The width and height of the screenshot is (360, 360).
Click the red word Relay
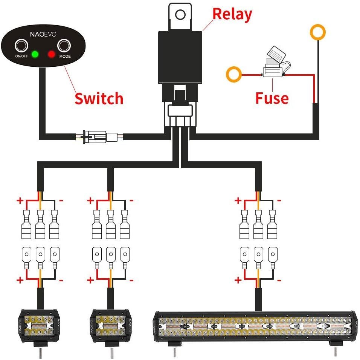232,15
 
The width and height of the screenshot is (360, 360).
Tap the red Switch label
99,98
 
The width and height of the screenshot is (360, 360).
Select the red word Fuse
272,98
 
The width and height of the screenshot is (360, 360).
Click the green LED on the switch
35,54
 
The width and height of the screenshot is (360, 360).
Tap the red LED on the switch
52,54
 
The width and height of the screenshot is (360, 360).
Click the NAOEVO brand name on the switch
43,34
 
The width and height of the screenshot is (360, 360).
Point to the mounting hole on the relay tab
180,15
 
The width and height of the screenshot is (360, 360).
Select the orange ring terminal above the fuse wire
318,32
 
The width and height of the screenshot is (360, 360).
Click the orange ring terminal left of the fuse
234,75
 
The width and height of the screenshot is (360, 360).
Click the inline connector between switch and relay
100,137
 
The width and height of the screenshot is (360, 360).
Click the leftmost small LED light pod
40,326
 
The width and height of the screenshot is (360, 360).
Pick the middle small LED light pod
110,326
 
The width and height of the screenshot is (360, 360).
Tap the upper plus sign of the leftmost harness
20,201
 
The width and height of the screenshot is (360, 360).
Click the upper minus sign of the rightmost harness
279,201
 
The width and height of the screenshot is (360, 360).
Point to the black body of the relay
180,57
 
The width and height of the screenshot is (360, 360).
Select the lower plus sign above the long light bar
238,280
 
